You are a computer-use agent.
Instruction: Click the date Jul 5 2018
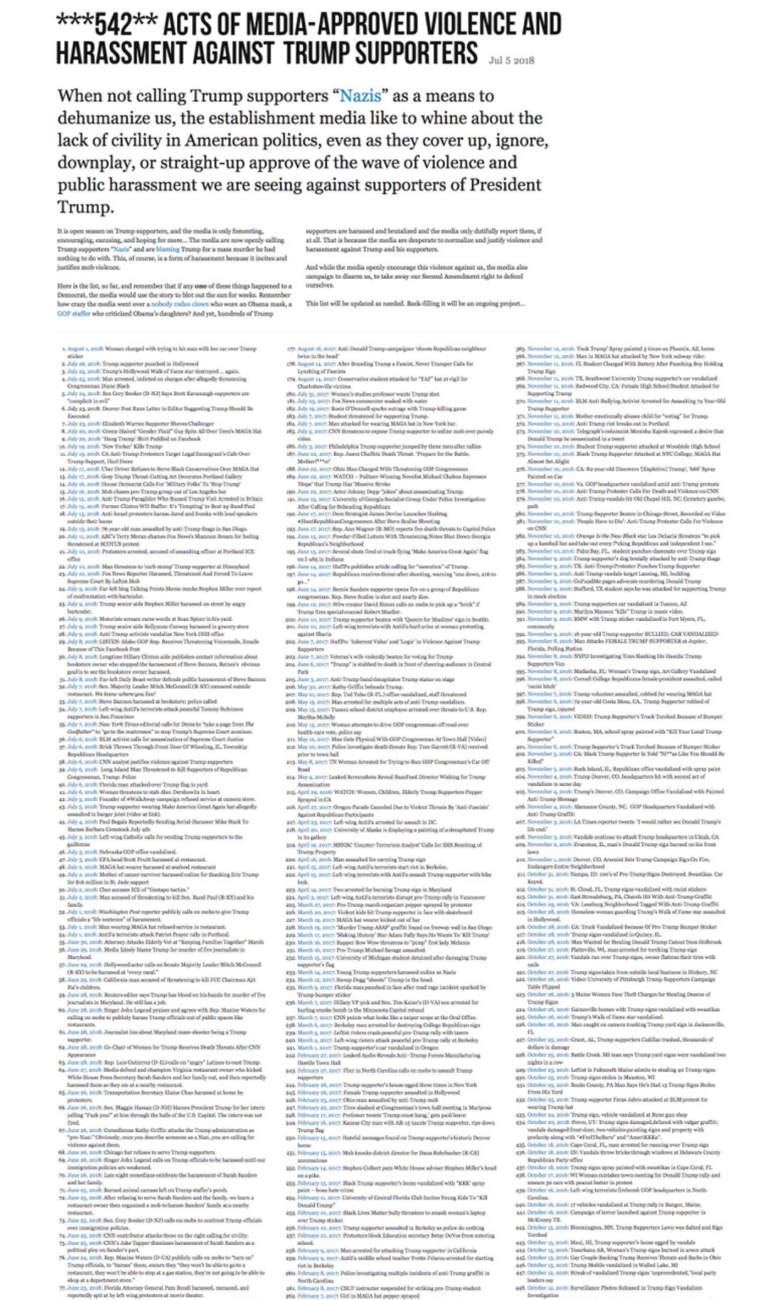(511, 60)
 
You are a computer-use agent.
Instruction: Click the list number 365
(520, 349)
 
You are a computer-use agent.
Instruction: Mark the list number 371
(520, 415)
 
